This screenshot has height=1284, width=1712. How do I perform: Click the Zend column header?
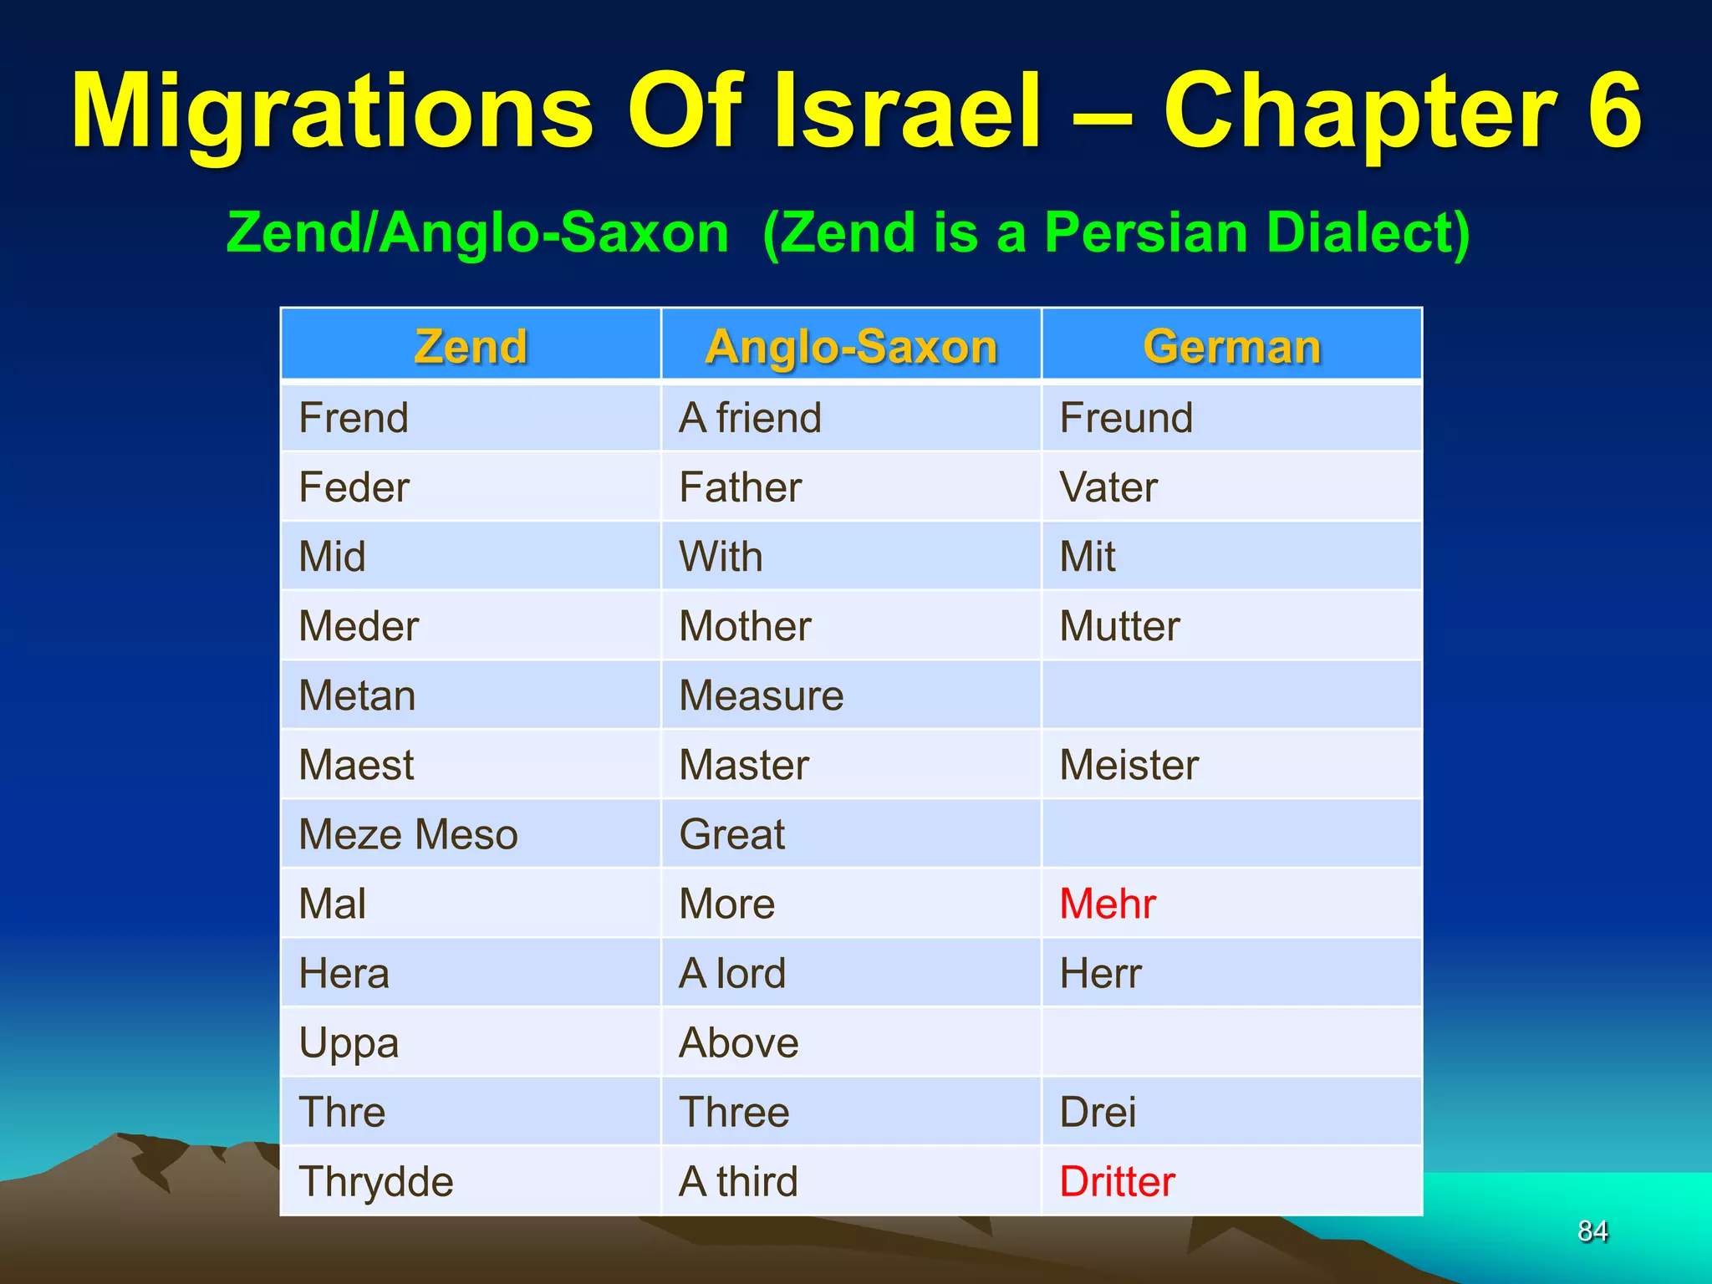(471, 346)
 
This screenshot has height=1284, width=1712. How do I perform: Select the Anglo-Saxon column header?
(851, 346)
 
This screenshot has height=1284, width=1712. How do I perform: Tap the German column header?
(1231, 346)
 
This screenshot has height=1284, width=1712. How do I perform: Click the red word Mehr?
(1108, 904)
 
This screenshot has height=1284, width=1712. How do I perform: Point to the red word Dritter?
(1117, 1181)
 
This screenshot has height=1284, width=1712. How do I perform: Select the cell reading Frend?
(354, 417)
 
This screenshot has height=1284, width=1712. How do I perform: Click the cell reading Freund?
(1126, 417)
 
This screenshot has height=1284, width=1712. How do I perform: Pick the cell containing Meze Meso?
(408, 834)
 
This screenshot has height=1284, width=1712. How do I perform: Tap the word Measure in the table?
(761, 695)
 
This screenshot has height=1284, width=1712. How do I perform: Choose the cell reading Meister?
(1129, 765)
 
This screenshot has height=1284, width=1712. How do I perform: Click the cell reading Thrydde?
(376, 1181)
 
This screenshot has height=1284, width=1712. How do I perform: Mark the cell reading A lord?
(732, 973)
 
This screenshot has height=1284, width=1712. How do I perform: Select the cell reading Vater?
(1108, 487)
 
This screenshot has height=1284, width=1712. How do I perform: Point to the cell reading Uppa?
(349, 1043)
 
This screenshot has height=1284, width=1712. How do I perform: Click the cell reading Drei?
(1098, 1112)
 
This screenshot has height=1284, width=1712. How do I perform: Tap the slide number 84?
(1592, 1230)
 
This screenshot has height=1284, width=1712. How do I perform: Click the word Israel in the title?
(908, 112)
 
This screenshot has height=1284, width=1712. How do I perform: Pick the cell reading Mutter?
(1119, 626)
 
